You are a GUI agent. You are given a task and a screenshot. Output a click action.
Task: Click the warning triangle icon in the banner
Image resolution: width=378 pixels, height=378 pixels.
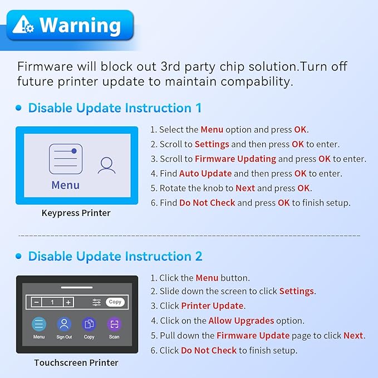(x=23, y=24)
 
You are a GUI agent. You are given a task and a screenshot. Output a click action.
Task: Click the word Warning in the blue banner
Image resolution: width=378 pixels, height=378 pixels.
(x=80, y=25)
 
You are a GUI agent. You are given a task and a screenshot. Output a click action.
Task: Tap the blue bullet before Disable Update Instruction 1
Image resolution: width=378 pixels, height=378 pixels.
(x=18, y=107)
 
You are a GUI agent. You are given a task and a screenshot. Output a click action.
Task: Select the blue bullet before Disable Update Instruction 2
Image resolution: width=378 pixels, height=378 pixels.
(x=18, y=256)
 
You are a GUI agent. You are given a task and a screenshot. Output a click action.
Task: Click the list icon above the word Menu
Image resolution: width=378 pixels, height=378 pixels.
(x=66, y=159)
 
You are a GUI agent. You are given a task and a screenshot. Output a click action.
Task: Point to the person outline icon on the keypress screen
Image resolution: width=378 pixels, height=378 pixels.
(x=106, y=165)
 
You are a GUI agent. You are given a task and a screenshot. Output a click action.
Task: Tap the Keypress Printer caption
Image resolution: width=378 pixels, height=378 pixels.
(x=76, y=213)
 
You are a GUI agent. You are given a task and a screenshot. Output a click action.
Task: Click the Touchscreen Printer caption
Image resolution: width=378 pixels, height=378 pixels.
(x=76, y=362)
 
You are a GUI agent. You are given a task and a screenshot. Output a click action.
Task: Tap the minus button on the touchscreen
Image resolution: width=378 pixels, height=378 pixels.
(x=36, y=302)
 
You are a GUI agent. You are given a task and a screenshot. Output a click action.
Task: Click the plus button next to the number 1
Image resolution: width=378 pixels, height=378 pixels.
(x=68, y=302)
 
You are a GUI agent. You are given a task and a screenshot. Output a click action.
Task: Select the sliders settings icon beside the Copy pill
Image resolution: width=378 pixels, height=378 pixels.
(x=97, y=302)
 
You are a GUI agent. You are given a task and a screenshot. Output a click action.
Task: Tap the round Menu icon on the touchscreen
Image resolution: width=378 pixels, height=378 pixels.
(x=39, y=324)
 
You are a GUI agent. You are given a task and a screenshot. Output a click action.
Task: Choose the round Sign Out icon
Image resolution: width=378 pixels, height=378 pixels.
(x=64, y=324)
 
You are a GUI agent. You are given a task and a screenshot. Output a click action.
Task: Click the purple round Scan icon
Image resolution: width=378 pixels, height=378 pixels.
(x=114, y=324)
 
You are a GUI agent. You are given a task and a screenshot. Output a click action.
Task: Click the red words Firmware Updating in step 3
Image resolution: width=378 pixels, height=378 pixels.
(x=235, y=159)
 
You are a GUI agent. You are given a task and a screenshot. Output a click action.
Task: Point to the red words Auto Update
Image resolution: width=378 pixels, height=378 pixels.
(x=205, y=174)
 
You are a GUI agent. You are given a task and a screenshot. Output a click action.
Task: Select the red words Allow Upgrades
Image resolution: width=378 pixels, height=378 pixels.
(x=241, y=321)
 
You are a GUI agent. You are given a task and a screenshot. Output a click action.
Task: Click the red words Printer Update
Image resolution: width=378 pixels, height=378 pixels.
(x=212, y=306)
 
